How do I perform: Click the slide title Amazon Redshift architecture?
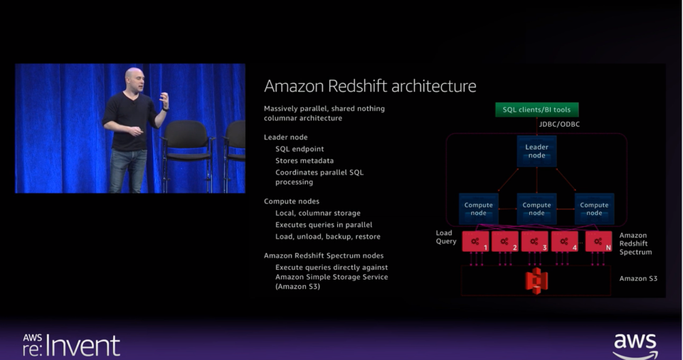point(370,86)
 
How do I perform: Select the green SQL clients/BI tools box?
point(537,110)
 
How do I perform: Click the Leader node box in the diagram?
point(536,151)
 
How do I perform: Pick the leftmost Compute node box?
point(478,208)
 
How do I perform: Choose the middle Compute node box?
point(536,208)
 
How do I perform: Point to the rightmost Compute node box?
point(594,208)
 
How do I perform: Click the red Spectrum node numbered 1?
point(476,241)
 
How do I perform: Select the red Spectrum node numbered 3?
point(534,241)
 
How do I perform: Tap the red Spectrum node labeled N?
point(598,241)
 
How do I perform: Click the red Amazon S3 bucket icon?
point(536,280)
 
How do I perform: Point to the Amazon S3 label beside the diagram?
point(638,279)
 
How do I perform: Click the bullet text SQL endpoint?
point(300,149)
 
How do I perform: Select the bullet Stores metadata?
point(305,161)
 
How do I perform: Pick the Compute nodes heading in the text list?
point(292,201)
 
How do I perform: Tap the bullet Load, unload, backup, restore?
point(328,236)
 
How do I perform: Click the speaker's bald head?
point(134,77)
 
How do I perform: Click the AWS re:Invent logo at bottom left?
point(71,344)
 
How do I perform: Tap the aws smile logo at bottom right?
point(635,345)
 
